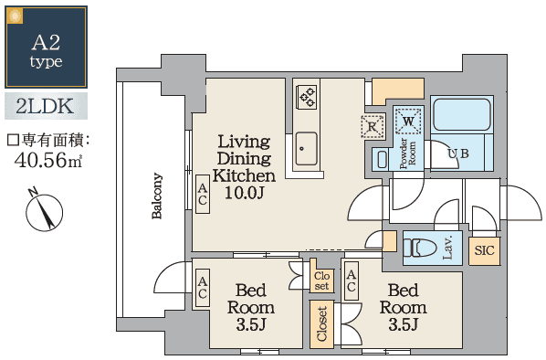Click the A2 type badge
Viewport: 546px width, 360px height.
pos(46,47)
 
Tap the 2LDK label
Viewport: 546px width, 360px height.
pos(46,106)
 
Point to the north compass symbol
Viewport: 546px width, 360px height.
pos(41,211)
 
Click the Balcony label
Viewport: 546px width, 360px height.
pos(157,197)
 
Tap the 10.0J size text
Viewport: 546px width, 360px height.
pos(244,193)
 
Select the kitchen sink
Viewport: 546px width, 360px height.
pos(306,146)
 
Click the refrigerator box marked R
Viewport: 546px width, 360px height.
pos(372,127)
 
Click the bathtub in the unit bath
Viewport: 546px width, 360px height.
pos(462,115)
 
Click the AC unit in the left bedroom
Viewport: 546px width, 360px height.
pos(203,288)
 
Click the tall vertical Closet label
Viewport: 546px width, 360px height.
pos(322,324)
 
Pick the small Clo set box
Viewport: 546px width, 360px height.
pos(321,280)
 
